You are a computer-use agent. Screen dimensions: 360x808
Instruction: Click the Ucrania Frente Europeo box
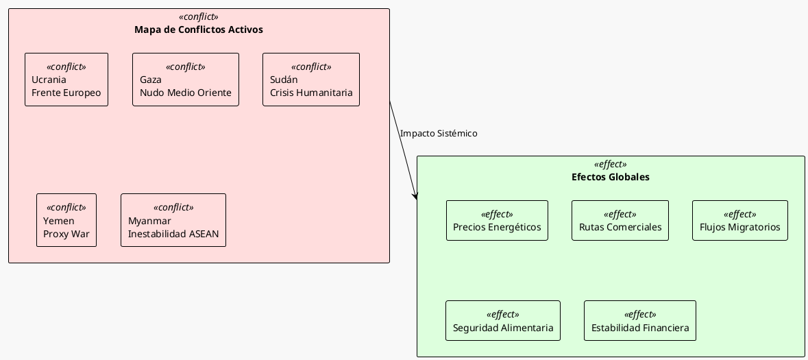66,80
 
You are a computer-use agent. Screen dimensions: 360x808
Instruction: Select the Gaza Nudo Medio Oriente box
186,80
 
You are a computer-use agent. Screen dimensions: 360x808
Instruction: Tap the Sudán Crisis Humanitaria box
311,80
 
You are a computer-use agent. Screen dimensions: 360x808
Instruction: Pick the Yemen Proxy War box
66,220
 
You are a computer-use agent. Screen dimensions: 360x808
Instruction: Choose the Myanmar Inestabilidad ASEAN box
173,220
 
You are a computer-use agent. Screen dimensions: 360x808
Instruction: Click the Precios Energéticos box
497,221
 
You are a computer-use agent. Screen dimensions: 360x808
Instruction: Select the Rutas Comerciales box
620,221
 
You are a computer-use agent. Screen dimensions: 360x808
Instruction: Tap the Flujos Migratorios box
739,221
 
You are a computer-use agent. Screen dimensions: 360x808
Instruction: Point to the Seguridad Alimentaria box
503,321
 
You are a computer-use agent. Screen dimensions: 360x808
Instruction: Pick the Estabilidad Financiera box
640,321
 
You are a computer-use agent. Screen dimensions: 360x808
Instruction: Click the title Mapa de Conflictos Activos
199,29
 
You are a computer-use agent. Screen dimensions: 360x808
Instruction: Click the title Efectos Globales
611,177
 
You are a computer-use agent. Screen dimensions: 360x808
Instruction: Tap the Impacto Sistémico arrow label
439,134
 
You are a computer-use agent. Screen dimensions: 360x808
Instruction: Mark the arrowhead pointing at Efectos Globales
415,197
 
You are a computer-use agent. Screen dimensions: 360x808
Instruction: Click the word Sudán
284,80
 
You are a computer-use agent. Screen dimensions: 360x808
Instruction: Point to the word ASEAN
204,234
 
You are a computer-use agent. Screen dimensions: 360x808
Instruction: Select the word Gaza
151,80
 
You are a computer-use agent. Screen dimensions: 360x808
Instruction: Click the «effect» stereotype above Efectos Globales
611,165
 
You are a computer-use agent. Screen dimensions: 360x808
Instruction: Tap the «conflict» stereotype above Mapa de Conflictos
199,17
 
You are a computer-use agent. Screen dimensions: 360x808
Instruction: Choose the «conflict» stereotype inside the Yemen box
66,208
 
